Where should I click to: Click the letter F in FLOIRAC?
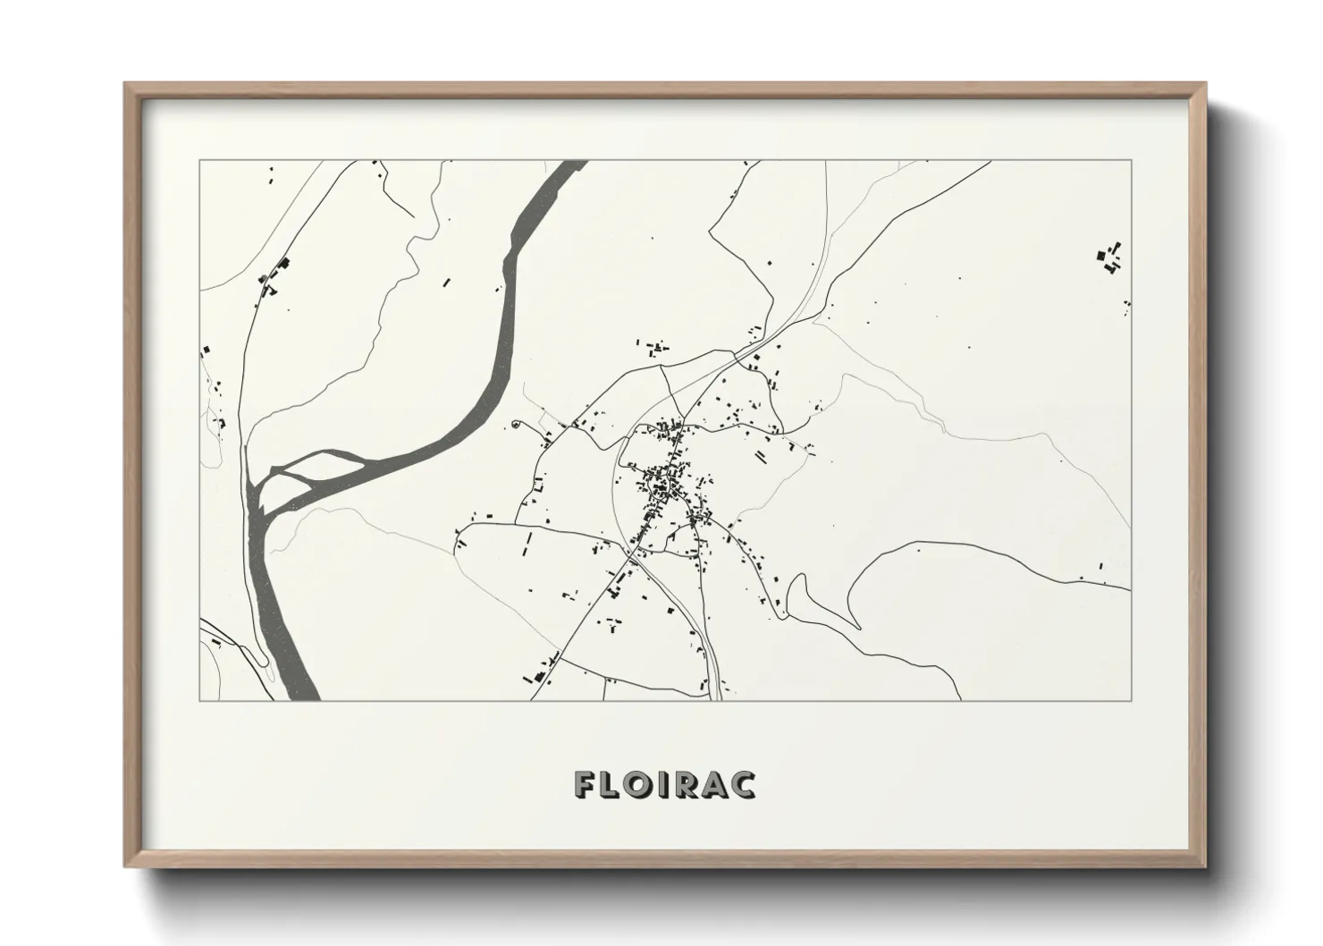pyautogui.click(x=586, y=784)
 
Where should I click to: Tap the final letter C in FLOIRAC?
pyautogui.click(x=743, y=784)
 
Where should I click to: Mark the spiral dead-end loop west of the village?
pyautogui.click(x=516, y=425)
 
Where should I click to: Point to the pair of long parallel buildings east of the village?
pyautogui.click(x=762, y=458)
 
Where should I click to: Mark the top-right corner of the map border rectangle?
pyautogui.click(x=1132, y=160)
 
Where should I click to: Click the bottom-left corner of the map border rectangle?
pyautogui.click(x=199, y=700)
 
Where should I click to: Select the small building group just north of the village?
pyautogui.click(x=656, y=346)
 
